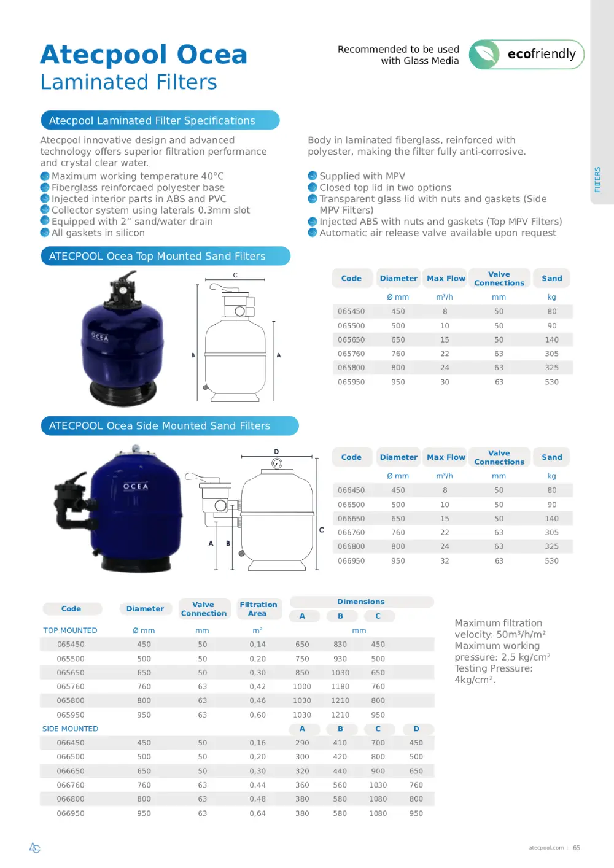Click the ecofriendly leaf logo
485,55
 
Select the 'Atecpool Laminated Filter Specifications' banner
160,120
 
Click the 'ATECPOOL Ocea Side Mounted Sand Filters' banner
169,425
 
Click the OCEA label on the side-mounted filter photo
136,486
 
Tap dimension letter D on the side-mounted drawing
276,451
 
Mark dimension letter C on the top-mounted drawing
235,276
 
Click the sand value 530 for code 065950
551,382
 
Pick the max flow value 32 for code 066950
445,560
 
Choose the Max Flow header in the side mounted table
446,457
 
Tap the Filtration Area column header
258,608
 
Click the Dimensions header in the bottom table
360,602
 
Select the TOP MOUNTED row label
70,630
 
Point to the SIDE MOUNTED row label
70,729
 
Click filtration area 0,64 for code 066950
257,813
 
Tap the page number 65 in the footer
576,848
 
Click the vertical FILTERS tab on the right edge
597,179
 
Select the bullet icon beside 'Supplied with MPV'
313,176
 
